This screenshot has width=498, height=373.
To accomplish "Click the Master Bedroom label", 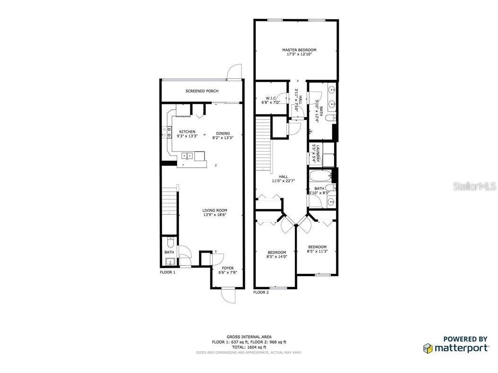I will [x=299, y=50].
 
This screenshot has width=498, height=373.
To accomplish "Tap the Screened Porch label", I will [x=202, y=91].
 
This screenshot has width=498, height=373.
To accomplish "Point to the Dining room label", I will [x=222, y=132].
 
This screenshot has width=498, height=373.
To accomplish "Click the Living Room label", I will [x=215, y=211].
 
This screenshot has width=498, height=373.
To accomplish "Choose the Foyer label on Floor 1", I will [x=228, y=268].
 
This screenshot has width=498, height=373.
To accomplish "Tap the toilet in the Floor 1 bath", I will [x=170, y=243].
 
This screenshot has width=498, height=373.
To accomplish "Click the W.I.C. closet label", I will [x=271, y=98].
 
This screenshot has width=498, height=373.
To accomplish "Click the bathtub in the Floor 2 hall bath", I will [x=320, y=178].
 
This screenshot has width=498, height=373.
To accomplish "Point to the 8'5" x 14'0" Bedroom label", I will [x=276, y=253].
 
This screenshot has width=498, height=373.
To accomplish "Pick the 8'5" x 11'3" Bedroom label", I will [x=317, y=247].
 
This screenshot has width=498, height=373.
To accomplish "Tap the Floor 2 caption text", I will [x=261, y=293].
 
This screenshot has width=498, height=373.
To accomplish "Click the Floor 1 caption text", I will [x=167, y=272].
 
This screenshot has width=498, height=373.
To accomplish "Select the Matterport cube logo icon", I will [x=427, y=348].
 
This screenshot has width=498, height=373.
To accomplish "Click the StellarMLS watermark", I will [x=474, y=187].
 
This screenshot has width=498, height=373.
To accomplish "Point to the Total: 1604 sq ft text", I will [x=249, y=347].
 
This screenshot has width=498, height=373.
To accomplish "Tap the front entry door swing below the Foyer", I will [x=228, y=296].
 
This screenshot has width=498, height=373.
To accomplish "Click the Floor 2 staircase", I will [x=264, y=146].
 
